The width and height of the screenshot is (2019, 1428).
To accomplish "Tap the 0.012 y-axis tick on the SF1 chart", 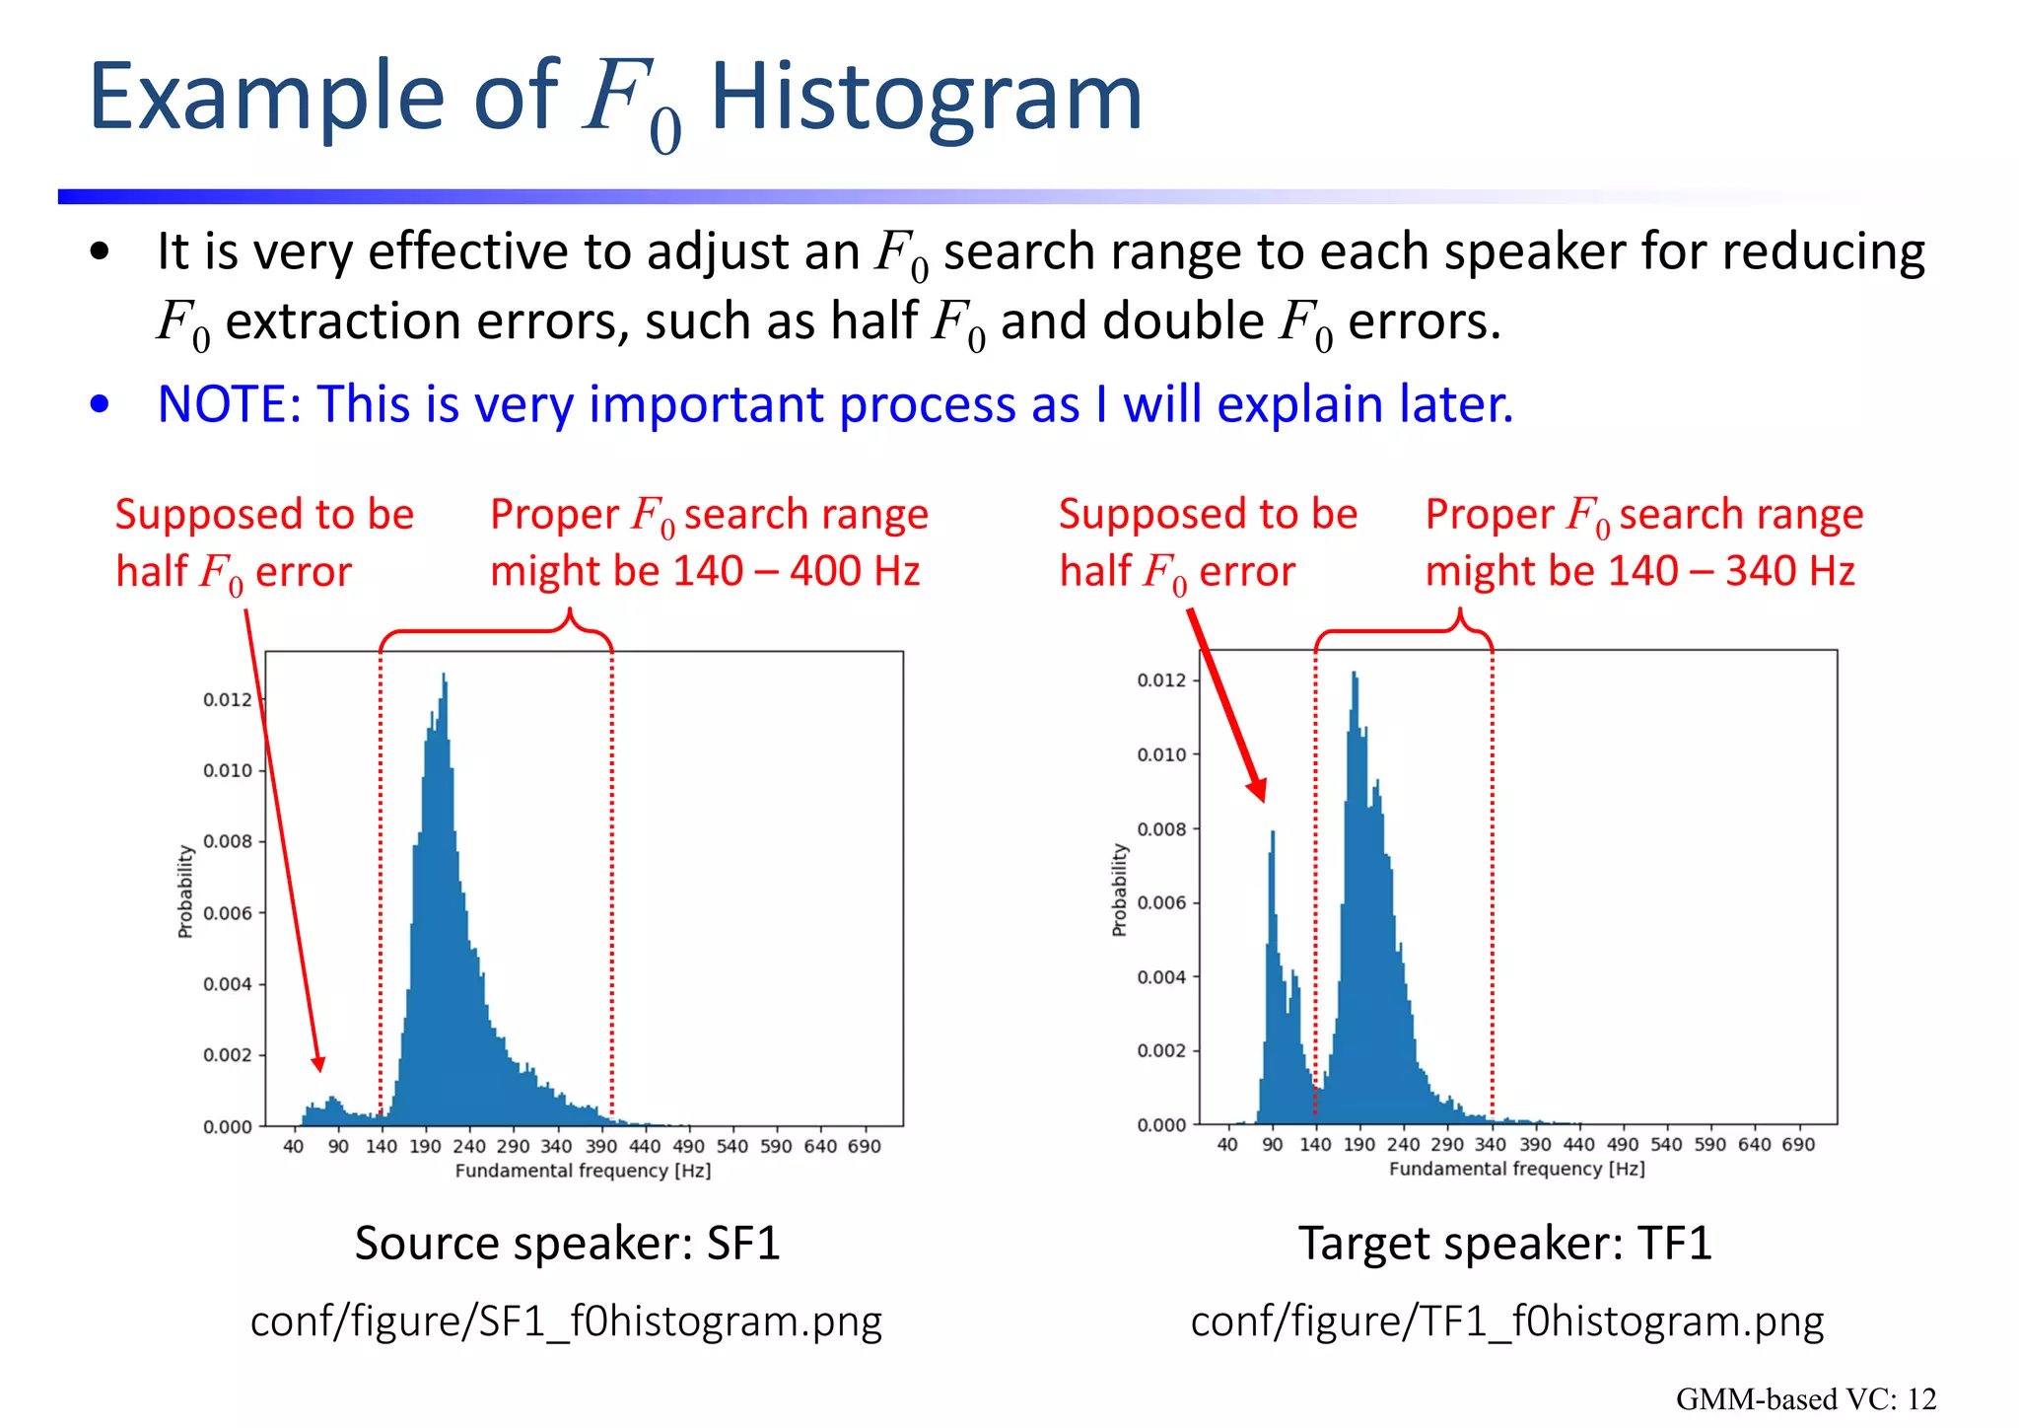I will click(228, 700).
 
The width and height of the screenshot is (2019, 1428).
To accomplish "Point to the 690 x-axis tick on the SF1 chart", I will click(864, 1146).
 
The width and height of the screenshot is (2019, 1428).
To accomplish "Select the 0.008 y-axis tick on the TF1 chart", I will click(1161, 829).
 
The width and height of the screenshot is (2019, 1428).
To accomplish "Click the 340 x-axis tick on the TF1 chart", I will click(1490, 1144).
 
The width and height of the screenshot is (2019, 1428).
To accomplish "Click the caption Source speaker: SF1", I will click(567, 1243).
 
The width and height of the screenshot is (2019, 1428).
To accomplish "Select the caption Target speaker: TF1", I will click(1504, 1243).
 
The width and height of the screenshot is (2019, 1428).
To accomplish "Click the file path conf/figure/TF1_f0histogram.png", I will click(1506, 1321).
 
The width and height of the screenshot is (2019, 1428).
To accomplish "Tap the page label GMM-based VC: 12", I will click(1805, 1398).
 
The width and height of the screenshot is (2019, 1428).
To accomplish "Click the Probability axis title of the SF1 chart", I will click(185, 891).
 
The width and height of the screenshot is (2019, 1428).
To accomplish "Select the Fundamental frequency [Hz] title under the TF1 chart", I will click(1516, 1169).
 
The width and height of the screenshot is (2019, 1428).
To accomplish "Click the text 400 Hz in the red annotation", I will click(854, 571).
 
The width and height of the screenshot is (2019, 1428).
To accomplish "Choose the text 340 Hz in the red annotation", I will click(1789, 571).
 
